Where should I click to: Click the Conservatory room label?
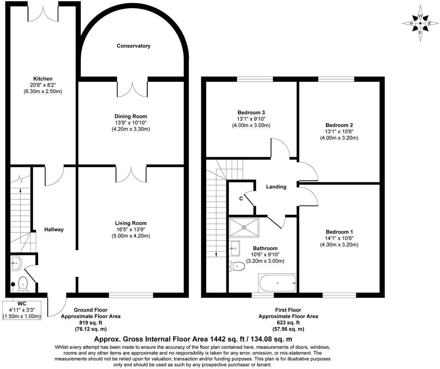coord(134,46)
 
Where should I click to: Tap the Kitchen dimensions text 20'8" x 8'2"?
coord(43,85)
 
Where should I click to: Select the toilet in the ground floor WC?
coord(23,284)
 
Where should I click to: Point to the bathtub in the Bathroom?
coord(277,283)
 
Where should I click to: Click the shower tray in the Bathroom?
coord(244,227)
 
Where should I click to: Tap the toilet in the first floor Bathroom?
coord(237,267)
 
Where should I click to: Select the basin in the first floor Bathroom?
coord(234,248)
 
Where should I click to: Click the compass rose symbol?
coord(420,23)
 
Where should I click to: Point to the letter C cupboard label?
coord(241,199)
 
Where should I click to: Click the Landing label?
coord(276,187)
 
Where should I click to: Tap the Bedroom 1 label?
coord(339,232)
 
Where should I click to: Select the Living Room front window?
coord(131,295)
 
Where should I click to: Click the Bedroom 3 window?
coord(255,79)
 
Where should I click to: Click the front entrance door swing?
coord(57,307)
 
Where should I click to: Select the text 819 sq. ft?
coord(91,323)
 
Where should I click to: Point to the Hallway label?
coord(54,230)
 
